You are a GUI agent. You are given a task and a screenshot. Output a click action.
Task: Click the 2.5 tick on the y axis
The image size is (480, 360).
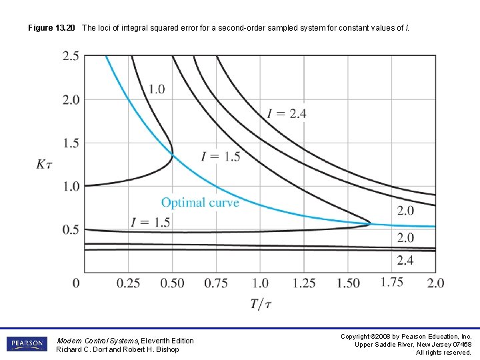pyautogui.click(x=71, y=56)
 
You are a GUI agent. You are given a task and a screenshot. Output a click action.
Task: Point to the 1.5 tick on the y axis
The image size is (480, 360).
pyautogui.click(x=71, y=143)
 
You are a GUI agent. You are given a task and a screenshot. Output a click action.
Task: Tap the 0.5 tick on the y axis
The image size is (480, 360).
pyautogui.click(x=71, y=229)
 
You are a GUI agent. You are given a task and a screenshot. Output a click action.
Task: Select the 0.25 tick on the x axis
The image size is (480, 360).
pyautogui.click(x=128, y=283)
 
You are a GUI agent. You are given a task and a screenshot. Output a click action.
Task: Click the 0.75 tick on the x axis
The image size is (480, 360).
pyautogui.click(x=216, y=283)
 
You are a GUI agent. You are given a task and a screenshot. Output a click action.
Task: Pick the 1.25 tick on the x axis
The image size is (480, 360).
pyautogui.click(x=304, y=283)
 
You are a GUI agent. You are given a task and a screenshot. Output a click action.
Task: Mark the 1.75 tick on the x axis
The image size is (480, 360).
pyautogui.click(x=392, y=281)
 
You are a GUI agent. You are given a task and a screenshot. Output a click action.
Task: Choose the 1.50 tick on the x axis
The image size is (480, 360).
pyautogui.click(x=348, y=283)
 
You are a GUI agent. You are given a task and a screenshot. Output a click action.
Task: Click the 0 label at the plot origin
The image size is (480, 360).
pyautogui.click(x=76, y=283)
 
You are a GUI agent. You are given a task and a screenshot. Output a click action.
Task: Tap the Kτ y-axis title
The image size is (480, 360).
pyautogui.click(x=45, y=164)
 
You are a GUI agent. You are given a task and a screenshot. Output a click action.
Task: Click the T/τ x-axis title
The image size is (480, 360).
pyautogui.click(x=261, y=304)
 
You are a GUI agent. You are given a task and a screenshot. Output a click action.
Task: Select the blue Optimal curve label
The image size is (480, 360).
pyautogui.click(x=200, y=202)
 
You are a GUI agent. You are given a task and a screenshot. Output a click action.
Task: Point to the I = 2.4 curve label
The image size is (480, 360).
pyautogui.click(x=287, y=113)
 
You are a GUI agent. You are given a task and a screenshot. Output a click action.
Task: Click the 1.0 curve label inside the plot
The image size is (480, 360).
pyautogui.click(x=157, y=89)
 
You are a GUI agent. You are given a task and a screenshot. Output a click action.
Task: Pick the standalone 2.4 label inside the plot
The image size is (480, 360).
pyautogui.click(x=405, y=260)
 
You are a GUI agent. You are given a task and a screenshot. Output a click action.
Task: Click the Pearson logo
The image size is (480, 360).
pyautogui.click(x=27, y=344)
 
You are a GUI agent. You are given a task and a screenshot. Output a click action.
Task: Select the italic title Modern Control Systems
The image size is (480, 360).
pyautogui.click(x=97, y=341)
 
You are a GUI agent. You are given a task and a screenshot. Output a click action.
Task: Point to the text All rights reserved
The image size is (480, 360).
pyautogui.click(x=443, y=352)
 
